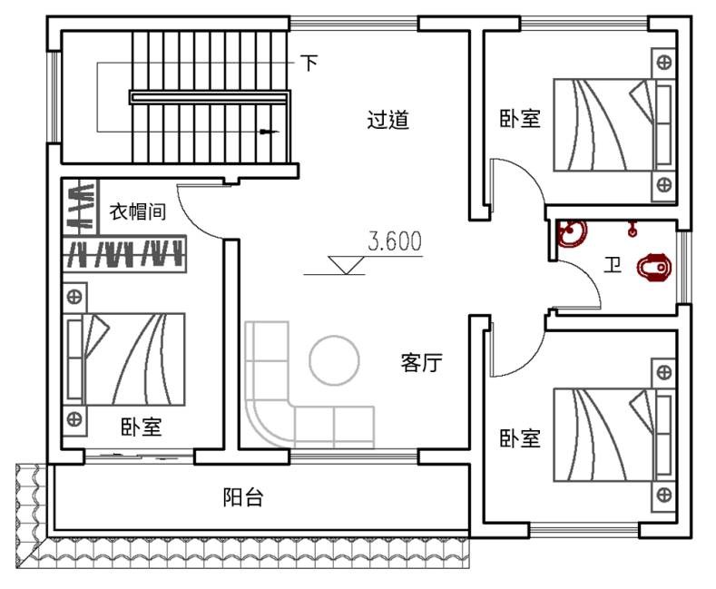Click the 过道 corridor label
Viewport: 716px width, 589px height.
(387, 120)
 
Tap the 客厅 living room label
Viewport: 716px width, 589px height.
(421, 363)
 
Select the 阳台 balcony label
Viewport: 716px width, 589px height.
(243, 497)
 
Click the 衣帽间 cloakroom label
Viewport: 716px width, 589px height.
(138, 212)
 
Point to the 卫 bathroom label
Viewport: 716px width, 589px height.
(613, 266)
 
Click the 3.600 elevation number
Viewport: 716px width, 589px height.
(395, 242)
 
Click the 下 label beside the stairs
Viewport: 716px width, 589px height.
(309, 63)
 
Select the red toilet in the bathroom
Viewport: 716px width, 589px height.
(654, 268)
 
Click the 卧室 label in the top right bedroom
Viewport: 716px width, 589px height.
(520, 120)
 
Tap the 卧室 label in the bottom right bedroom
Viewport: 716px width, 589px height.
(520, 439)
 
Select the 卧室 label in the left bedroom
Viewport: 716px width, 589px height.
(141, 427)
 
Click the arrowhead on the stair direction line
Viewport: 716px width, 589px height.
(267, 132)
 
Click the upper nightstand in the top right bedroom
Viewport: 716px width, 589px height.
(664, 63)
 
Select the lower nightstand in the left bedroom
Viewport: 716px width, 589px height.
(74, 418)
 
